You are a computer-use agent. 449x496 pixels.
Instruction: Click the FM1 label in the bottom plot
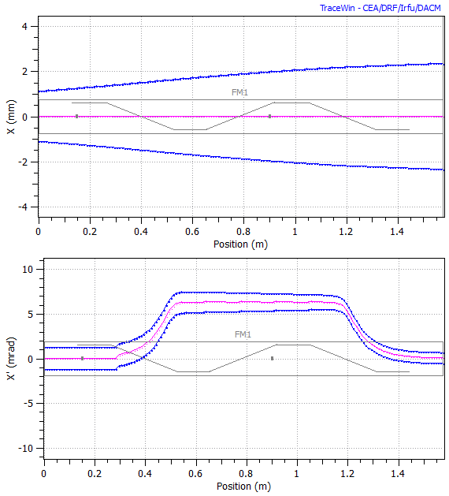click(x=243, y=334)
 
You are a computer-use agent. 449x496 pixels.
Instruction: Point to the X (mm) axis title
click(x=10, y=117)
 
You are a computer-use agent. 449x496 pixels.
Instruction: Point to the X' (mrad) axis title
click(x=10, y=359)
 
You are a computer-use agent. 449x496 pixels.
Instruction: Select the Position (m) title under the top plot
click(x=243, y=244)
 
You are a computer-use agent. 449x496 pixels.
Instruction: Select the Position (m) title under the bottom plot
click(x=246, y=486)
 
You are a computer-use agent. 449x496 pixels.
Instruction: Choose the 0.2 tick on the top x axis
click(x=90, y=233)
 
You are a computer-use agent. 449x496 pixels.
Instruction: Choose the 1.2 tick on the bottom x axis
click(x=347, y=475)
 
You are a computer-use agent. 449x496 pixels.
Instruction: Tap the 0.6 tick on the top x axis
click(x=192, y=233)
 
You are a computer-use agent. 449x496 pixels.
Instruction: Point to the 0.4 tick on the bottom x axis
click(x=144, y=475)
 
